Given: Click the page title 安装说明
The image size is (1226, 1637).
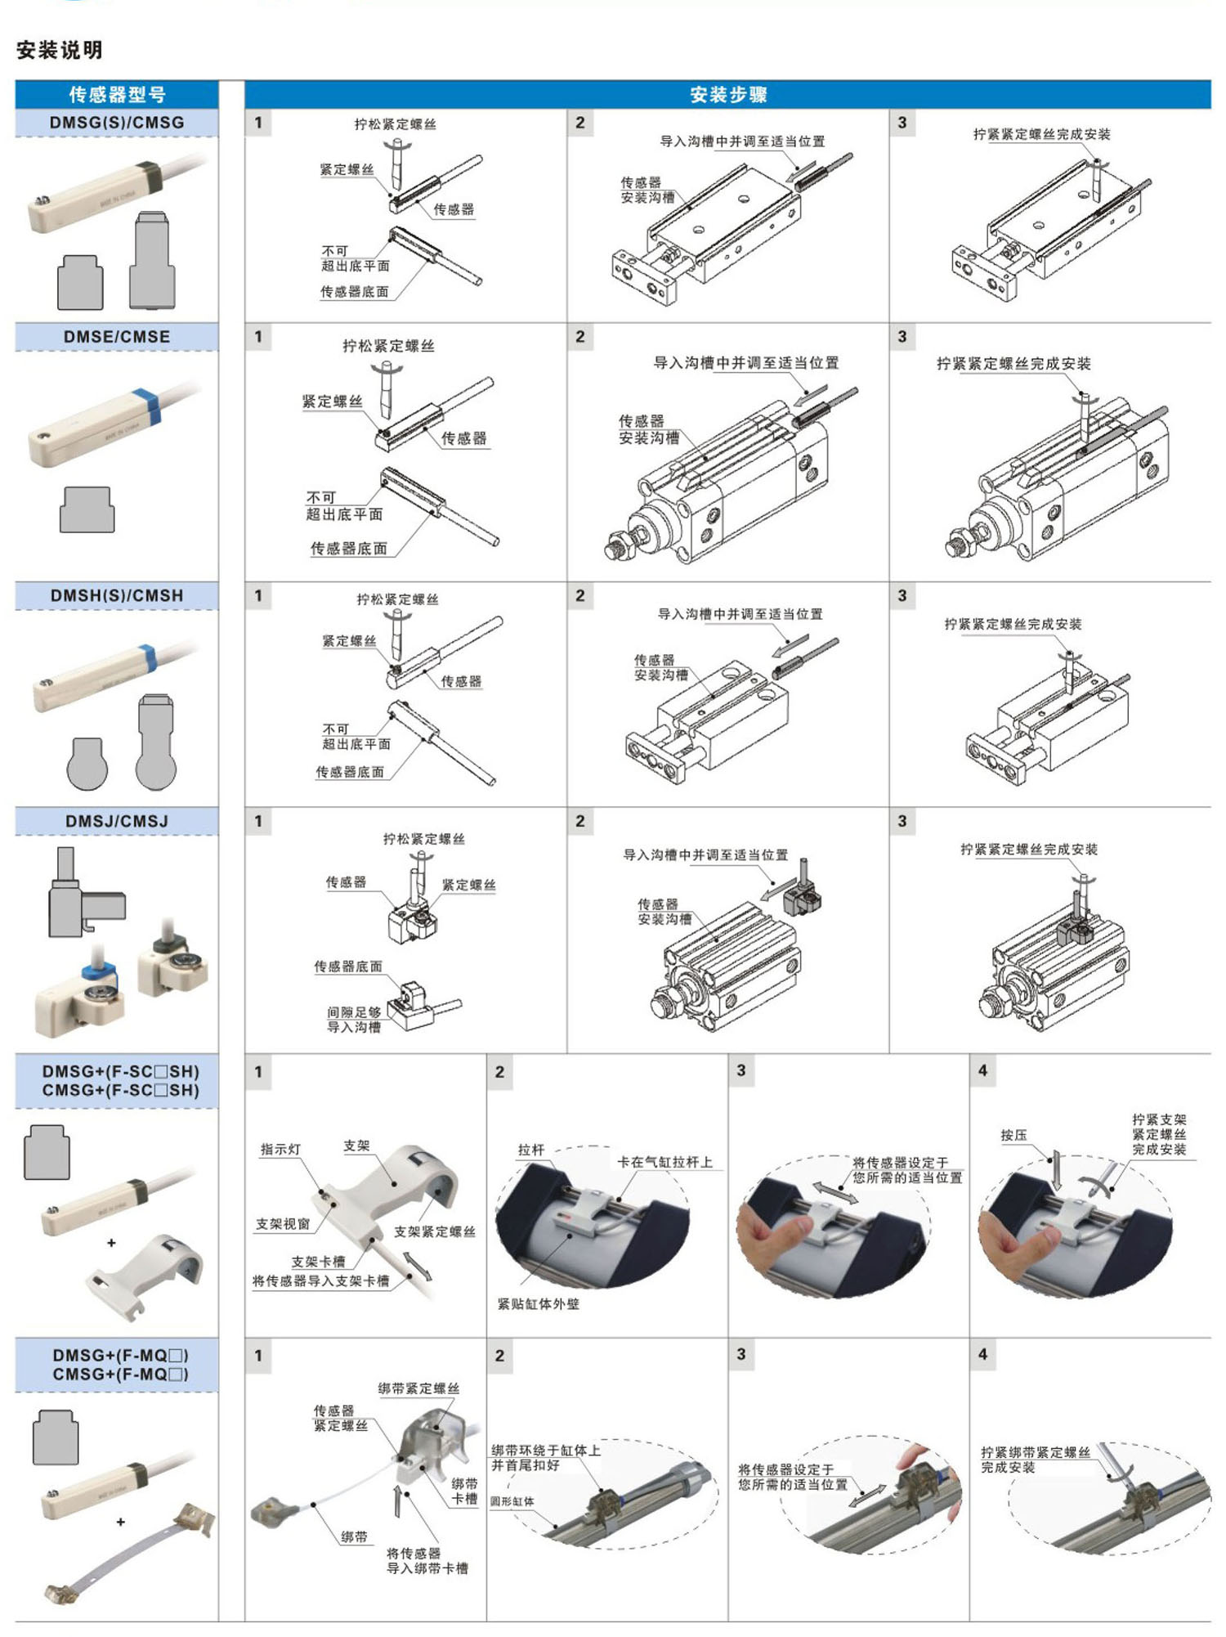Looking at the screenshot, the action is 60,50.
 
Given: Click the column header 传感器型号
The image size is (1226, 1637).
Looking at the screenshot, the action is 117,94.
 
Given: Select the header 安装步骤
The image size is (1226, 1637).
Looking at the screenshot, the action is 727,94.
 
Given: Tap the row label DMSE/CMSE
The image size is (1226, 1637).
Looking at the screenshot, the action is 117,337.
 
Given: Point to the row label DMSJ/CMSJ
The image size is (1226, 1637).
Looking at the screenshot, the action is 117,821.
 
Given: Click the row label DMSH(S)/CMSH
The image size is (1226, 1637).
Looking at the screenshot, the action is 117,595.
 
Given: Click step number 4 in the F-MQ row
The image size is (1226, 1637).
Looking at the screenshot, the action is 982,1354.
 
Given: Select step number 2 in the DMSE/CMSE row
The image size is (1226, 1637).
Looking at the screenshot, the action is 580,336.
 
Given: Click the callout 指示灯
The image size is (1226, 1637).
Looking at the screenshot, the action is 280,1149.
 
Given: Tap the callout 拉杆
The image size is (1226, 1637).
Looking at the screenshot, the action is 531,1149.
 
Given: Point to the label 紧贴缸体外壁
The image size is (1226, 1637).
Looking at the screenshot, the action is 538,1303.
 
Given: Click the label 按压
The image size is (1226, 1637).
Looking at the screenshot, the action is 1013,1135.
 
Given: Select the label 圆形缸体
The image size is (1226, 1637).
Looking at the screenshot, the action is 512,1501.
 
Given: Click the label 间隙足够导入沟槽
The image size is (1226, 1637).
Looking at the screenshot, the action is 354,1020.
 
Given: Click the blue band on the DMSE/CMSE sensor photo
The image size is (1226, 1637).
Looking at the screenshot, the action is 150,406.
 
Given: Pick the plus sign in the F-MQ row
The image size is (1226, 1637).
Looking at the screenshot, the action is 121,1522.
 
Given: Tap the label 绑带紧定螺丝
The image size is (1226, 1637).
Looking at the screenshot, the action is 418,1388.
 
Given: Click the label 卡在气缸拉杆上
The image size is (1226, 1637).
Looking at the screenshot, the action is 664,1161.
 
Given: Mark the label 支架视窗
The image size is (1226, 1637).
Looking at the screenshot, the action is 283,1223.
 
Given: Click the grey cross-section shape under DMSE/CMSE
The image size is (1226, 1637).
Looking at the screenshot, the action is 87,509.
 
